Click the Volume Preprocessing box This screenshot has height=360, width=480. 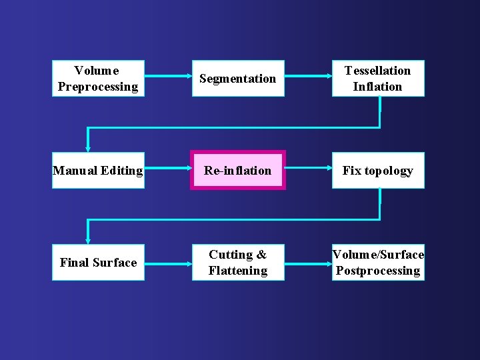[98, 79]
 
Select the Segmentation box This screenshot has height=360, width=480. [238, 79]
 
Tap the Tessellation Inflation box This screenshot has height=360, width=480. [378, 79]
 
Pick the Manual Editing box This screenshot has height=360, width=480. [98, 171]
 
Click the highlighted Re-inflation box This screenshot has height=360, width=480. [238, 171]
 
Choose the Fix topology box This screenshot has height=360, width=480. [378, 171]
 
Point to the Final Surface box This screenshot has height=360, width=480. [98, 263]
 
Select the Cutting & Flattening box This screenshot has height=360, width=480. [238, 263]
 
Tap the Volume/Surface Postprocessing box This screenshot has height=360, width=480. [378, 263]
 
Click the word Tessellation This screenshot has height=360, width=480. [377, 71]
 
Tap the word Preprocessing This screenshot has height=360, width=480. [98, 87]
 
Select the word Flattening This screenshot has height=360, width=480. [238, 271]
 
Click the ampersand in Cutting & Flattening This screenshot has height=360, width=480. [261, 255]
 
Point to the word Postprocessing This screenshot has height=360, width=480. [378, 271]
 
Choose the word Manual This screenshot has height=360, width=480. [75, 171]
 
